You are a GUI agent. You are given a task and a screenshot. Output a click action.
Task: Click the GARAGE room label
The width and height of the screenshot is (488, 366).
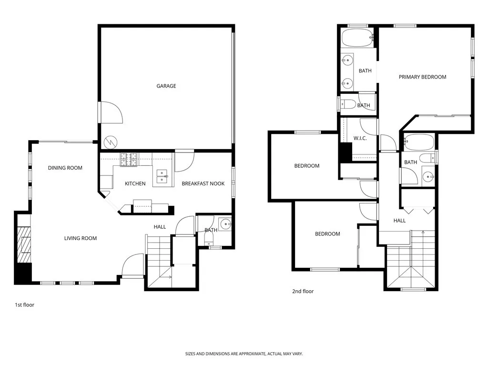(166, 86)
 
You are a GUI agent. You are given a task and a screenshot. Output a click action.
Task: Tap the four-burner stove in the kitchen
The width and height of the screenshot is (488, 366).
(128, 159)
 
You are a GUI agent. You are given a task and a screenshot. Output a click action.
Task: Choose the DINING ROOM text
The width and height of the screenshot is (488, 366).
(65, 168)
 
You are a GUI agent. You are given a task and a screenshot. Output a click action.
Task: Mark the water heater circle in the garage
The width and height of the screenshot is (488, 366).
(111, 142)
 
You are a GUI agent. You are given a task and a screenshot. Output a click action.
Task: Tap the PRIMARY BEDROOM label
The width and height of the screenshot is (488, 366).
(422, 77)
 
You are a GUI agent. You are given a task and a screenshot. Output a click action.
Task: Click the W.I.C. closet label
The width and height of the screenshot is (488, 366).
(359, 139)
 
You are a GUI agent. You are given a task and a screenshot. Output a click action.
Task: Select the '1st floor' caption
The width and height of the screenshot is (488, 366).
(24, 305)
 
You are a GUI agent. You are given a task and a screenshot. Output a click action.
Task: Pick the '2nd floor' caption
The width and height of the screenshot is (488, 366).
(303, 291)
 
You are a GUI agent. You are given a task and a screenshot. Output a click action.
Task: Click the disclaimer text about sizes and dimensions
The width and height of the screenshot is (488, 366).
(244, 354)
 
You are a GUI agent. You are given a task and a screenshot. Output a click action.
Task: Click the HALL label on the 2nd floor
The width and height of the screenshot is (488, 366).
(399, 221)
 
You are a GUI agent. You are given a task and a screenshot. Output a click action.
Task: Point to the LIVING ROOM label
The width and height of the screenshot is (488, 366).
(81, 238)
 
